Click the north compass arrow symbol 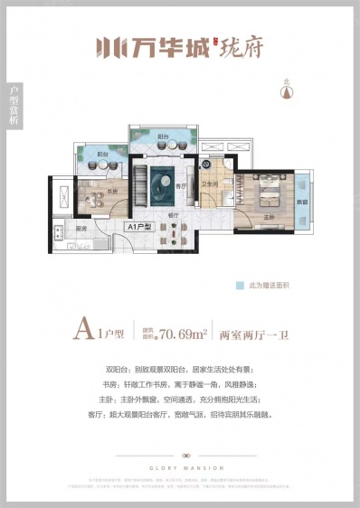286,86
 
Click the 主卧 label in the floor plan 269,216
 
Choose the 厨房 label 81,229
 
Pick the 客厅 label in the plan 181,187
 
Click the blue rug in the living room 166,181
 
